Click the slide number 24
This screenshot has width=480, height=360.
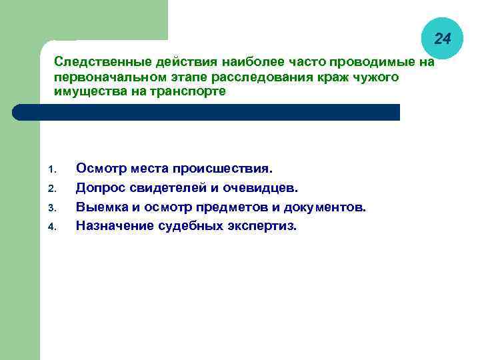443,39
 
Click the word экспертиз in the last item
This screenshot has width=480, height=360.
263,226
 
